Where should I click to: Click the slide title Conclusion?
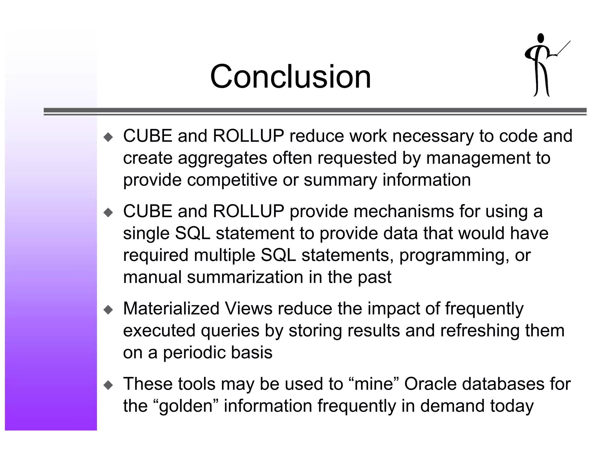[290, 77]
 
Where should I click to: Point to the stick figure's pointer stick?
[563, 48]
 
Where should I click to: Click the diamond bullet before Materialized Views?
[108, 310]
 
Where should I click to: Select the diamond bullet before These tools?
[108, 385]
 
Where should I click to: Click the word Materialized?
[171, 308]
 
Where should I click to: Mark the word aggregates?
[222, 158]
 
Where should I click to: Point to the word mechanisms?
[404, 211]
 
